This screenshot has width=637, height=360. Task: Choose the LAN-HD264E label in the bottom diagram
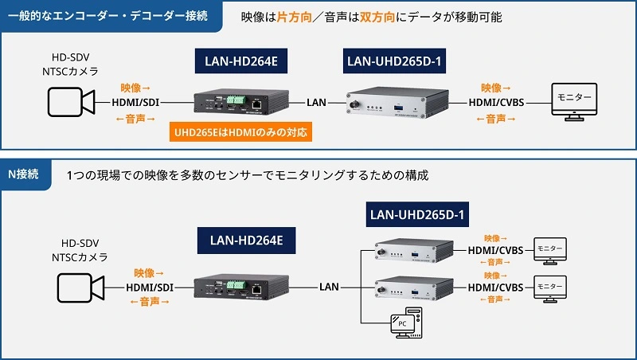(x=240, y=239)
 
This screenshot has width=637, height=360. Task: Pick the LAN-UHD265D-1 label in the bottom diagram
(x=416, y=214)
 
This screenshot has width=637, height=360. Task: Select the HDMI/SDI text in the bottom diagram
(x=150, y=286)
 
